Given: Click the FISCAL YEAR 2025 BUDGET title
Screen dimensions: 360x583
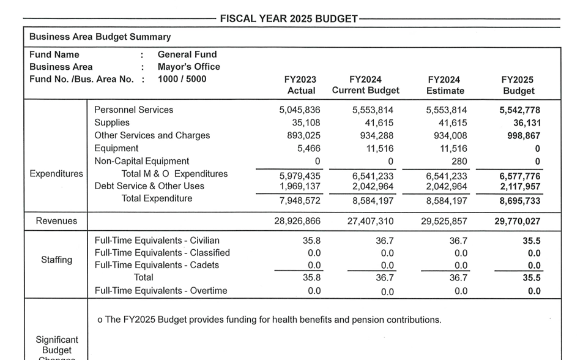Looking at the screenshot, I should click(x=289, y=19).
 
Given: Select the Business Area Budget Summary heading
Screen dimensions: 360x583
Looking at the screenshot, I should click(x=100, y=37).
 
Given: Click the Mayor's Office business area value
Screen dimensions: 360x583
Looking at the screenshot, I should click(x=188, y=67).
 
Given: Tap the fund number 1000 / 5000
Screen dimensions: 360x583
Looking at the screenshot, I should click(x=182, y=79).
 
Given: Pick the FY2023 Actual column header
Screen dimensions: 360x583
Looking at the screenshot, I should click(x=301, y=85).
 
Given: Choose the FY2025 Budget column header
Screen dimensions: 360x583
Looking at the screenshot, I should click(x=518, y=85).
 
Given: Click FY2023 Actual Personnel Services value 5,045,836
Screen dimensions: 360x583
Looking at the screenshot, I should click(x=299, y=110).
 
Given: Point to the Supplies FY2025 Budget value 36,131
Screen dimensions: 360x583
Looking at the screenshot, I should click(x=527, y=123).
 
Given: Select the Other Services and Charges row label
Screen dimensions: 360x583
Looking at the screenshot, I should click(x=152, y=135).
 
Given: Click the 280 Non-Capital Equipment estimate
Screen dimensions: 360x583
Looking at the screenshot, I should click(x=459, y=161).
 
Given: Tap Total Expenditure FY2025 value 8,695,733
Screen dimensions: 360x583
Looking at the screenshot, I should click(x=519, y=201).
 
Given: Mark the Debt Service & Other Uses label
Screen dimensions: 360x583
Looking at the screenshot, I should click(x=149, y=186).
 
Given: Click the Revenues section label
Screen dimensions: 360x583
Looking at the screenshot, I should click(x=56, y=221).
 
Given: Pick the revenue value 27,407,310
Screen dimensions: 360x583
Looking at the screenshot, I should click(x=370, y=222).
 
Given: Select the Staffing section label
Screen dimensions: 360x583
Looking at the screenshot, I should click(x=56, y=260).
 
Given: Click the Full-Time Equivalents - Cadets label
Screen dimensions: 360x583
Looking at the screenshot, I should click(x=157, y=265).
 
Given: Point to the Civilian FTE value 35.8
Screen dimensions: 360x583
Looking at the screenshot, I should click(x=312, y=241).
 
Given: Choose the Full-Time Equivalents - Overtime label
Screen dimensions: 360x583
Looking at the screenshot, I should click(x=160, y=291).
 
